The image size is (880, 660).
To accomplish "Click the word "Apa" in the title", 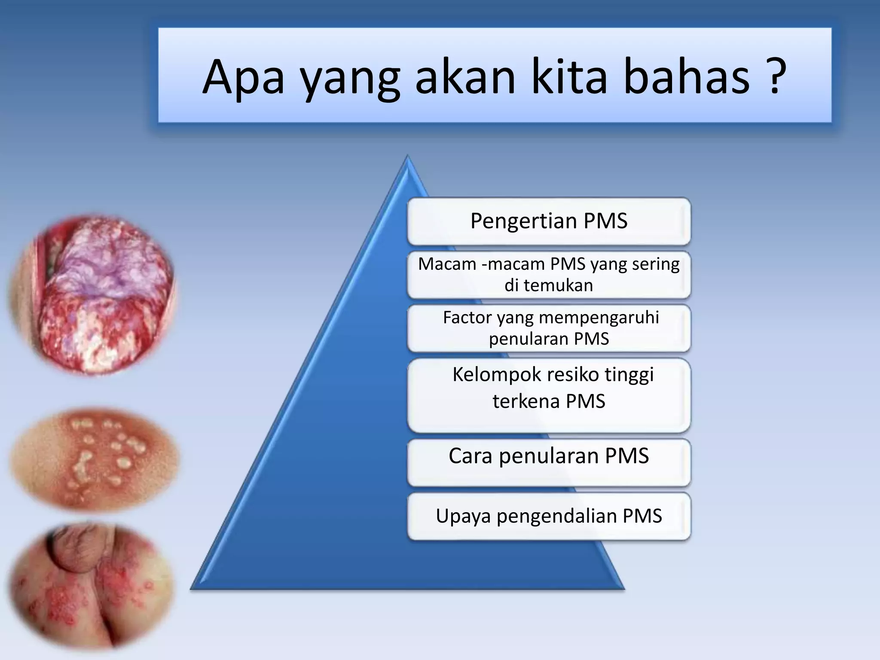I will click(243, 77).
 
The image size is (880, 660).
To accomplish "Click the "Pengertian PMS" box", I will click(549, 221).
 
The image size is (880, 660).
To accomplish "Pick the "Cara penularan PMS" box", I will click(549, 462).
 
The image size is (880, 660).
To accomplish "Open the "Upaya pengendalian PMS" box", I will click(549, 516).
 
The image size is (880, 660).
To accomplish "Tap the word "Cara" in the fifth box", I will click(470, 456).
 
